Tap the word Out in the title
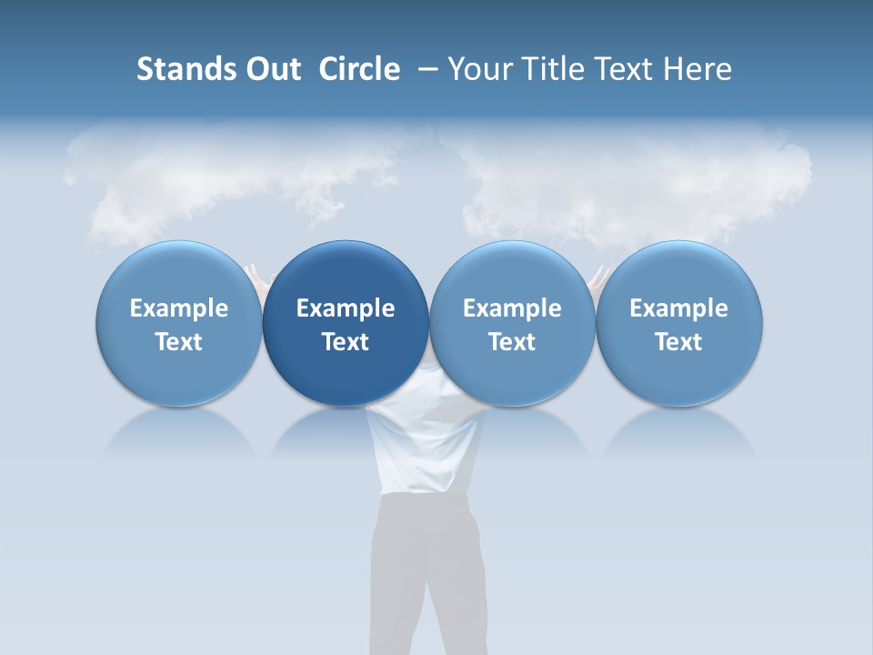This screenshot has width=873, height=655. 271,69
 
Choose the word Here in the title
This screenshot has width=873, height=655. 697,69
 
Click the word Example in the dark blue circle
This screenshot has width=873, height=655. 346,308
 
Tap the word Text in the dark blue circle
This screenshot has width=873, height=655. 346,342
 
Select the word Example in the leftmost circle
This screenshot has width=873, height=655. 179,308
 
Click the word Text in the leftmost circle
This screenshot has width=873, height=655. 179,342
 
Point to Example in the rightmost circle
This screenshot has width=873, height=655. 679,308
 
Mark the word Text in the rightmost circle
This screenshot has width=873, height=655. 679,342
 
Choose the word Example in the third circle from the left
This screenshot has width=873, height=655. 512,308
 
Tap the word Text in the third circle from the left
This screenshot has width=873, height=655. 512,342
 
